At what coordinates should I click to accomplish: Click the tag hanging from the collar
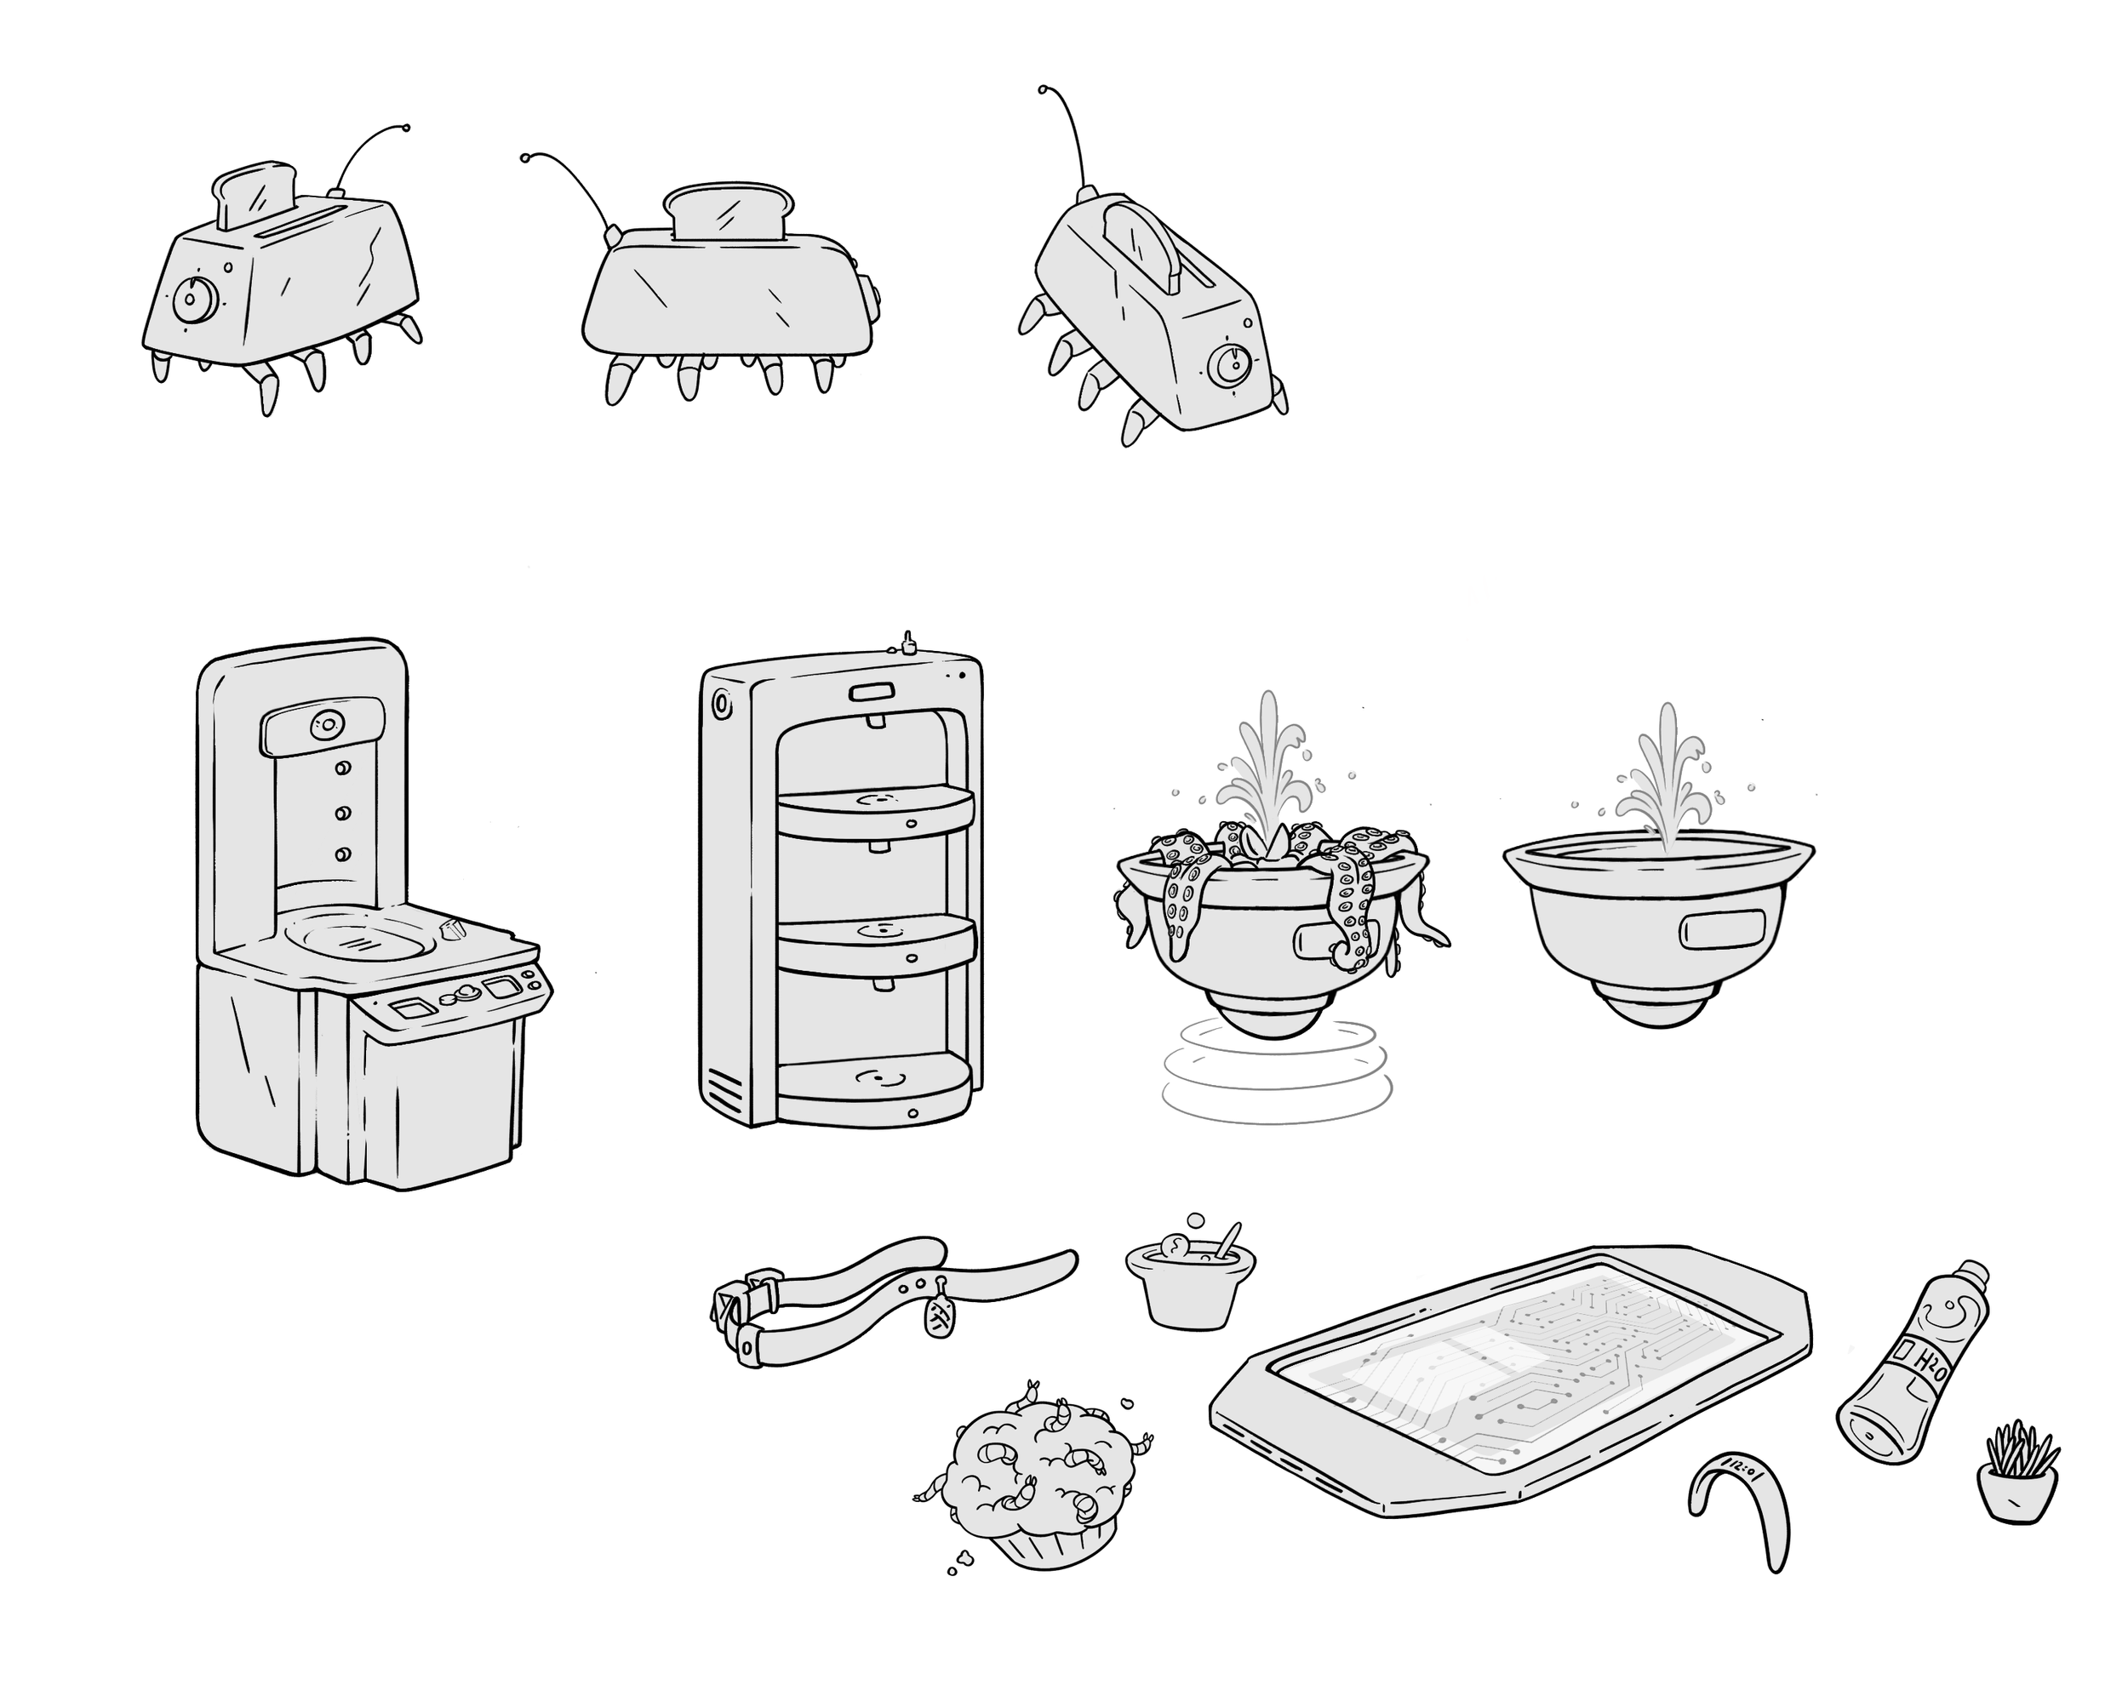940,1316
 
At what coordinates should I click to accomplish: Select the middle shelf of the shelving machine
877,943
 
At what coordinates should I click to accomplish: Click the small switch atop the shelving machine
908,643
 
